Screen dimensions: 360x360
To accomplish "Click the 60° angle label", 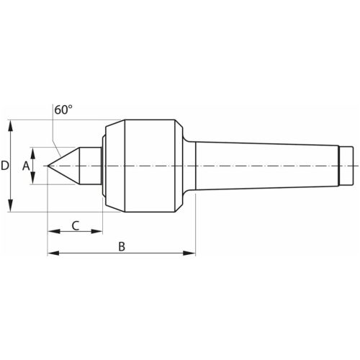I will [63, 110].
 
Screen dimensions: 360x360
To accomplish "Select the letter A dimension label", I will [26, 166].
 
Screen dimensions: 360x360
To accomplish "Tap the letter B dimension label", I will [122, 246].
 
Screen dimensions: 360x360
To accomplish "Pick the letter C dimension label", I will [76, 225].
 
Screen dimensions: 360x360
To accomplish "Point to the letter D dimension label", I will [5, 166].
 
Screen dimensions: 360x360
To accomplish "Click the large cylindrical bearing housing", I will [148, 166].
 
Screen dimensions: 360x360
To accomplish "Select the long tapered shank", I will [266, 166].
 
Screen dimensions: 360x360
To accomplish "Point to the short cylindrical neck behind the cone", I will [91, 166].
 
